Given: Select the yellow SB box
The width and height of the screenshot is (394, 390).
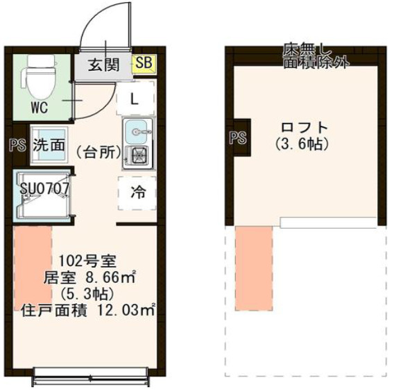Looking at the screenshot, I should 144,64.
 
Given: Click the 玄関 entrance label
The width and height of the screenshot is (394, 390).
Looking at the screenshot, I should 105,65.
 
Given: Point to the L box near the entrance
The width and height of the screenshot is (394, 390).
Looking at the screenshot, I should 135,97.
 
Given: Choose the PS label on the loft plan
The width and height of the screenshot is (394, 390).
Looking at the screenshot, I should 237,138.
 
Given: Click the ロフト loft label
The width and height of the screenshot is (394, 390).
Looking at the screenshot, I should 303,128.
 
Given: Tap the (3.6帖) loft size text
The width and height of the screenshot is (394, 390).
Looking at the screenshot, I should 303,144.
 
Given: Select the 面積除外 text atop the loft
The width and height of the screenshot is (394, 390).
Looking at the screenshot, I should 316,62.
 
